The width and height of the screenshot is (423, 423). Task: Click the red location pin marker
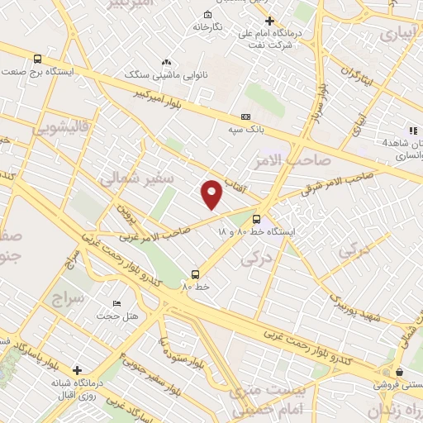point(213,193)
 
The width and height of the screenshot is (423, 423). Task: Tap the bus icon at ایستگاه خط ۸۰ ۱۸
point(257,219)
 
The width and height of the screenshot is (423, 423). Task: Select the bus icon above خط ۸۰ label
point(196,273)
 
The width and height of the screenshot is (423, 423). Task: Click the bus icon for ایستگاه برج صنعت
point(38,59)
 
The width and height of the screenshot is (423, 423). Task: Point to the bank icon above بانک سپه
point(245,117)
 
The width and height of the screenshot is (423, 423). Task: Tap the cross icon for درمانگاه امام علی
point(269,21)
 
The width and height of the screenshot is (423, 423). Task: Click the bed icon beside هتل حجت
point(116,303)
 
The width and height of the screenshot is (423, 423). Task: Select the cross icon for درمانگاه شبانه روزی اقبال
point(78,371)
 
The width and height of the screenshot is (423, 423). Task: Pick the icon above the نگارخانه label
point(207,14)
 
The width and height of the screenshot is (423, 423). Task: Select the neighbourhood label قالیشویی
point(58,129)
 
